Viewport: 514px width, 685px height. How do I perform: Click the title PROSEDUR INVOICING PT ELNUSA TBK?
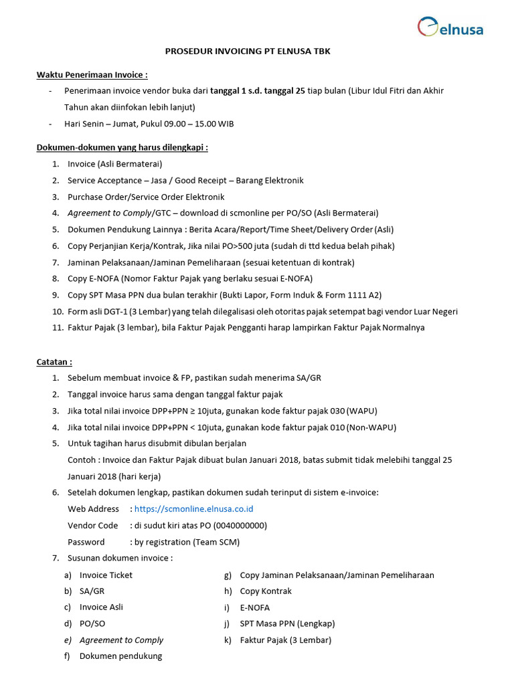pyautogui.click(x=248, y=52)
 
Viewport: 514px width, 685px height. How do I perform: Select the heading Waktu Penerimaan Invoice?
pyautogui.click(x=92, y=74)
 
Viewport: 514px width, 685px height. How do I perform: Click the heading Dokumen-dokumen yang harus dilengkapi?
pyautogui.click(x=122, y=147)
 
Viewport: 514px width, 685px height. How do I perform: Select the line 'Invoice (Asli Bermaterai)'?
pyautogui.click(x=115, y=164)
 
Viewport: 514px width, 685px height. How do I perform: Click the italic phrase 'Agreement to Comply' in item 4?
pyautogui.click(x=110, y=213)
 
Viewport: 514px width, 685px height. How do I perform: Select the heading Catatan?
pyautogui.click(x=54, y=362)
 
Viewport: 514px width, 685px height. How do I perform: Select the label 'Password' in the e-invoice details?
pyautogui.click(x=86, y=542)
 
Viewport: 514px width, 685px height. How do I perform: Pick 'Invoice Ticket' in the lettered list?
pyautogui.click(x=106, y=575)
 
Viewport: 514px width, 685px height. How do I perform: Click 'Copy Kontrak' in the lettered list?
pyautogui.click(x=266, y=591)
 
